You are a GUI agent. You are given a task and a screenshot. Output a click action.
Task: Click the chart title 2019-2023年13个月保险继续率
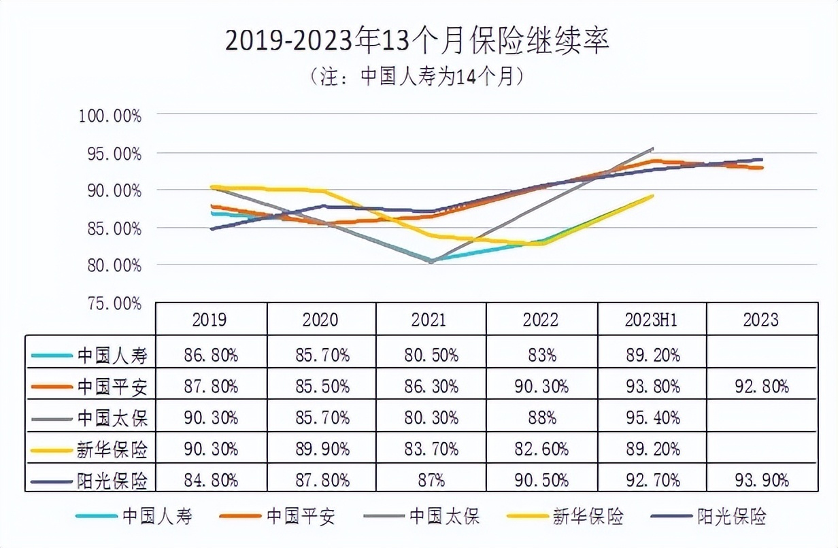(417, 41)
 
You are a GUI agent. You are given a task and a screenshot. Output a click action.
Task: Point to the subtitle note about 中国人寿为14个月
(417, 75)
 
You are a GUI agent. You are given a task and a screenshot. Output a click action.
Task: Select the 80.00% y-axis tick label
(113, 264)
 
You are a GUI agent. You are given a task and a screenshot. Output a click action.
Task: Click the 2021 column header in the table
(431, 320)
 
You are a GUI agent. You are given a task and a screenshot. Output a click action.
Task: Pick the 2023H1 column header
(652, 320)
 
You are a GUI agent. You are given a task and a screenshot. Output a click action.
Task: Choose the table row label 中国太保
(112, 417)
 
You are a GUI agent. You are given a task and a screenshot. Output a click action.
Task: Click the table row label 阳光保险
(112, 480)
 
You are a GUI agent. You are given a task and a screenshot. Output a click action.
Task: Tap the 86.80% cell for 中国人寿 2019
(211, 355)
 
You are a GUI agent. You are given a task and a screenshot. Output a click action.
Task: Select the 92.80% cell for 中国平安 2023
(761, 386)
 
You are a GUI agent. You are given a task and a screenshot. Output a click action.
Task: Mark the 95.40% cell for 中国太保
(652, 417)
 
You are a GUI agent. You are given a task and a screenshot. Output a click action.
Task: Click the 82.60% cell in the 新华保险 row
(541, 449)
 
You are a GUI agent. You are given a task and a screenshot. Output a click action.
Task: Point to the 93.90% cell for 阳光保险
(761, 480)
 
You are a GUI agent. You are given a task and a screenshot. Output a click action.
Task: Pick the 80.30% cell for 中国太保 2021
(431, 417)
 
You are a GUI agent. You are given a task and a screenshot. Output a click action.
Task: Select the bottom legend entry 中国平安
(301, 516)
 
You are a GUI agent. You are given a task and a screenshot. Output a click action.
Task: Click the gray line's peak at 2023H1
(652, 148)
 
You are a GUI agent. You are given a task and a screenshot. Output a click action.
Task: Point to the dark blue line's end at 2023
(761, 160)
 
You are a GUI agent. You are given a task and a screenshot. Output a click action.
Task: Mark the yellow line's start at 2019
(212, 186)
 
